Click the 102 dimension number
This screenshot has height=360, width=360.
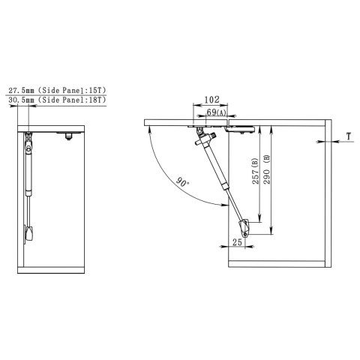tap(211, 100)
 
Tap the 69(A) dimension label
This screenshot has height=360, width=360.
tap(216, 112)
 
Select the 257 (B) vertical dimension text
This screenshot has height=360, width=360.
tap(255, 171)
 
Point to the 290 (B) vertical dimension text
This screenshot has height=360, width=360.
tap(267, 169)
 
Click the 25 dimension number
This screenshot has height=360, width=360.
tap(237, 241)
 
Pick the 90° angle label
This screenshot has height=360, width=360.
tap(183, 181)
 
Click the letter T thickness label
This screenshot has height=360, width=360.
tap(349, 136)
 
